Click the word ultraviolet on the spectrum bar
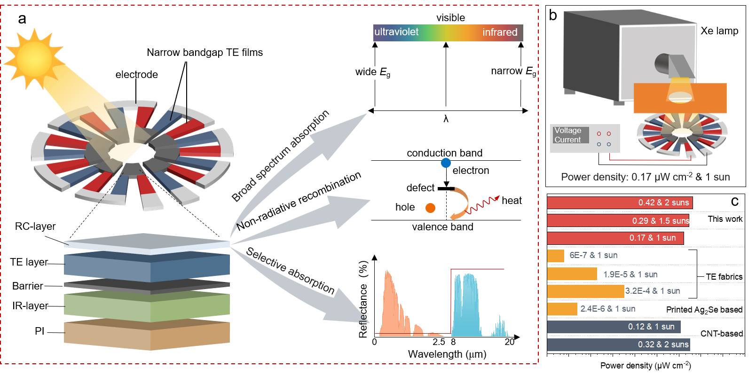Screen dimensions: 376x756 click(x=396, y=32)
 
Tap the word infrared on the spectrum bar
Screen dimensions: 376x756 click(x=500, y=32)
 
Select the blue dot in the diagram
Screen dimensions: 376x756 click(x=446, y=163)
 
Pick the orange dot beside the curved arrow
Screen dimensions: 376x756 click(x=430, y=208)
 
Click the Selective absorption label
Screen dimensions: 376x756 click(x=290, y=271)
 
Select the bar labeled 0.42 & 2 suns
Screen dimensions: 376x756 click(x=619, y=203)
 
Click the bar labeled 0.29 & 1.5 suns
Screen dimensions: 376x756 click(x=617, y=220)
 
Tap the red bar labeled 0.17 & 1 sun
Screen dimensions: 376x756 click(x=614, y=238)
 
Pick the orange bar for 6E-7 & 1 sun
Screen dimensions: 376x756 click(x=555, y=256)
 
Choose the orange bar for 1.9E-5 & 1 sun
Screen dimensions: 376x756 click(x=572, y=274)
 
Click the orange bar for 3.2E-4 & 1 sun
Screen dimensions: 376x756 click(x=585, y=291)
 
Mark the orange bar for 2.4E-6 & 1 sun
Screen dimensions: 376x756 click(x=562, y=309)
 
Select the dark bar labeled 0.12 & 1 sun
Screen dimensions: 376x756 click(x=614, y=327)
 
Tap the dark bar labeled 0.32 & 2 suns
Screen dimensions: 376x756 click(x=618, y=345)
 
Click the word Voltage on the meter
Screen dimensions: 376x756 click(x=567, y=130)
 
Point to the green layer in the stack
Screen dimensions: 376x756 click(x=147, y=306)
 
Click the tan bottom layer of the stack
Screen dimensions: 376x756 click(x=147, y=336)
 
